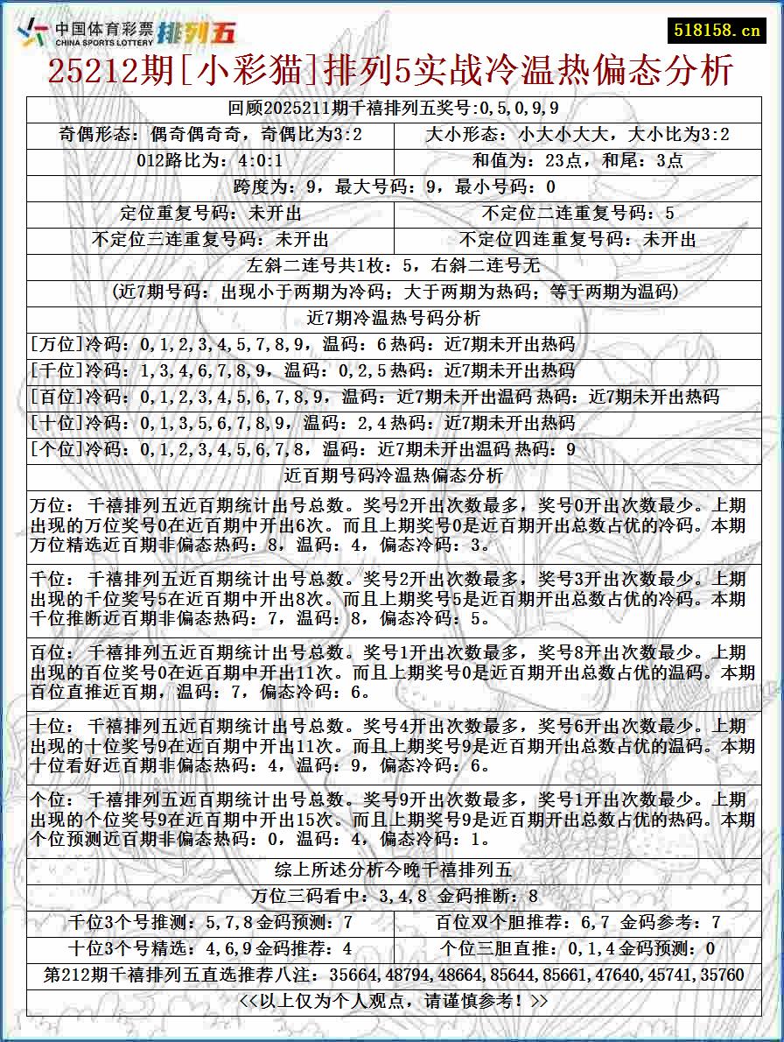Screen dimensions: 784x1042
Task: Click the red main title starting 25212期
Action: pyautogui.click(x=390, y=71)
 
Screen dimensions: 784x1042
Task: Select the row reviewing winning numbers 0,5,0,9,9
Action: pyautogui.click(x=392, y=109)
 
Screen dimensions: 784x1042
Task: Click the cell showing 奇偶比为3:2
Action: pyautogui.click(x=210, y=135)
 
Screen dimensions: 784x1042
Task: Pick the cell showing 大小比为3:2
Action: pyautogui.click(x=577, y=135)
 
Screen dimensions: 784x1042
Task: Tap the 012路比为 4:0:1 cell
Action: pyautogui.click(x=210, y=161)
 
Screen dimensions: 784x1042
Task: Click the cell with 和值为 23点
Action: pyautogui.click(x=577, y=161)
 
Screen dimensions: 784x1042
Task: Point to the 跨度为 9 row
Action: pyautogui.click(x=392, y=187)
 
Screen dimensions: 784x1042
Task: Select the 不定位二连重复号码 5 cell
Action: pyautogui.click(x=577, y=214)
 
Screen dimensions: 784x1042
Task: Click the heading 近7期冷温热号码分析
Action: pyautogui.click(x=392, y=318)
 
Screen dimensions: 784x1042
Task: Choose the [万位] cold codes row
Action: pyautogui.click(x=302, y=344)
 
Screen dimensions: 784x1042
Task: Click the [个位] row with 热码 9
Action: pyautogui.click(x=302, y=450)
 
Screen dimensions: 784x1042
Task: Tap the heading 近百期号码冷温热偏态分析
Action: pyautogui.click(x=392, y=476)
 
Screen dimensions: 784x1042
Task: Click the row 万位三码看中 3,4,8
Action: pyautogui.click(x=392, y=896)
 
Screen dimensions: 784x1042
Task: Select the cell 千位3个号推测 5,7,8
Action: pyautogui.click(x=210, y=922)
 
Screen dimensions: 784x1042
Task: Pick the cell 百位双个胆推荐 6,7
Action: pyautogui.click(x=577, y=922)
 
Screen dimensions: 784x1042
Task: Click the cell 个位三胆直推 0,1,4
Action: pyautogui.click(x=577, y=948)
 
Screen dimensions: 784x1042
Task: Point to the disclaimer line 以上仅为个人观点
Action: pyautogui.click(x=392, y=1001)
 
